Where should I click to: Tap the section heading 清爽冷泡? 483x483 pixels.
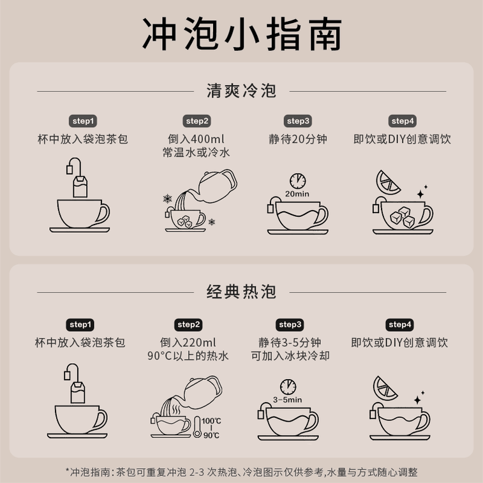pos(241,91)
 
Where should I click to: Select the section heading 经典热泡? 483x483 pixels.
pos(241,292)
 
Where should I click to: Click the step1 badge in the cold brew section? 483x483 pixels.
pos(82,121)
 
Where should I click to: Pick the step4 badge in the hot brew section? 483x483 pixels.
pos(400,325)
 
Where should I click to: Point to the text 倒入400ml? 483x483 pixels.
pos(196,138)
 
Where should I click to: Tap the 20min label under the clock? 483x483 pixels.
pos(297,194)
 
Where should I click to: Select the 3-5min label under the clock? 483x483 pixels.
pos(287,400)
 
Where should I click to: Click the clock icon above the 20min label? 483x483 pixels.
pos(297,181)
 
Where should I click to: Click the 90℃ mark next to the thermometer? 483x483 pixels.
pos(212,435)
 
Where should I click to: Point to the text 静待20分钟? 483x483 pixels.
pos(298,138)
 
